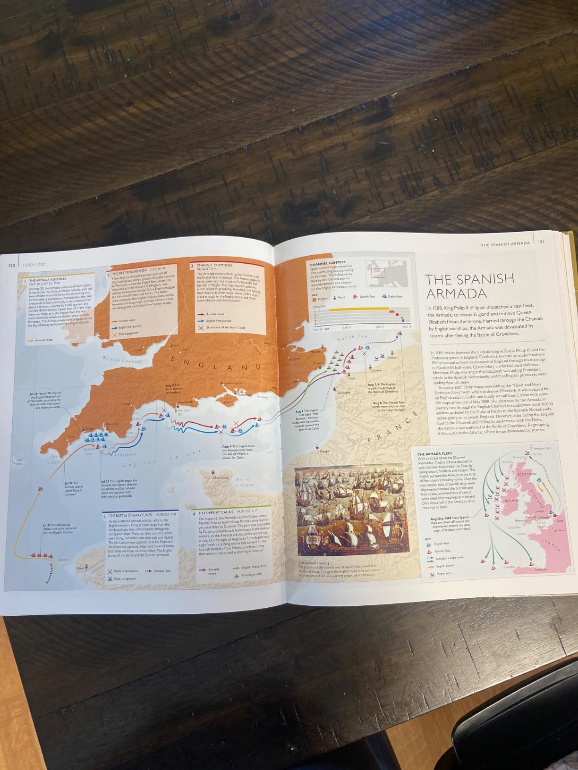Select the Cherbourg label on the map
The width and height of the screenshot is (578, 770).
pos(221,477)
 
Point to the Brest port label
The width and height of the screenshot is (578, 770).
pos(81,568)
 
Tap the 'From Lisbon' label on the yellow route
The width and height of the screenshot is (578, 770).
pos(51,574)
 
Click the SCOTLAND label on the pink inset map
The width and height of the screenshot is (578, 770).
pos(527,473)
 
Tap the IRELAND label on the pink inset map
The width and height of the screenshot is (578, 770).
pos(512,500)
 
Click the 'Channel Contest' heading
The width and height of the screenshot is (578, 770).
pos(328,262)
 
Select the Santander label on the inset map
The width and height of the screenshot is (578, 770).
pos(541,569)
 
